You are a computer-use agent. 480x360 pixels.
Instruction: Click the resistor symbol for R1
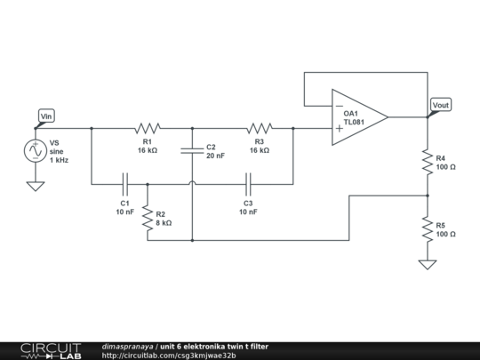pyautogui.click(x=147, y=128)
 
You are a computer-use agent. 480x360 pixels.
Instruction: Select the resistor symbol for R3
pyautogui.click(x=259, y=128)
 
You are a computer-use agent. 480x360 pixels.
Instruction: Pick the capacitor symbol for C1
pyautogui.click(x=125, y=184)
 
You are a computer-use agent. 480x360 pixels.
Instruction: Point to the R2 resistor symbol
pyautogui.click(x=147, y=218)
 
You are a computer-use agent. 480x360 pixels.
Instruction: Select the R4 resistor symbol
pyautogui.click(x=428, y=162)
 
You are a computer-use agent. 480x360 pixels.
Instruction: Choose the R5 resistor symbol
pyautogui.click(x=428, y=228)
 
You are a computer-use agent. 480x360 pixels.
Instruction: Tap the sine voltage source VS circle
pyautogui.click(x=36, y=151)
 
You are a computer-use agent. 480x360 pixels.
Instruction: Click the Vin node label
pyautogui.click(x=47, y=116)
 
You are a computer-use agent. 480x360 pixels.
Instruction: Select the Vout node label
pyautogui.click(x=440, y=105)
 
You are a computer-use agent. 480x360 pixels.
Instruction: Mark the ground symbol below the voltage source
pyautogui.click(x=36, y=186)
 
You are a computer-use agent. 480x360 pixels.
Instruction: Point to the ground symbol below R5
pyautogui.click(x=428, y=264)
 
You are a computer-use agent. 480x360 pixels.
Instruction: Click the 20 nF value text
pyautogui.click(x=216, y=156)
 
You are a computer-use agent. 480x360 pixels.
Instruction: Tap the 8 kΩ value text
pyautogui.click(x=164, y=223)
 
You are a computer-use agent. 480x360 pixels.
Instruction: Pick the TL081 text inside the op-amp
pyautogui.click(x=354, y=122)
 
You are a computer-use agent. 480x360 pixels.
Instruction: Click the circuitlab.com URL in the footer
pyautogui.click(x=169, y=356)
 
